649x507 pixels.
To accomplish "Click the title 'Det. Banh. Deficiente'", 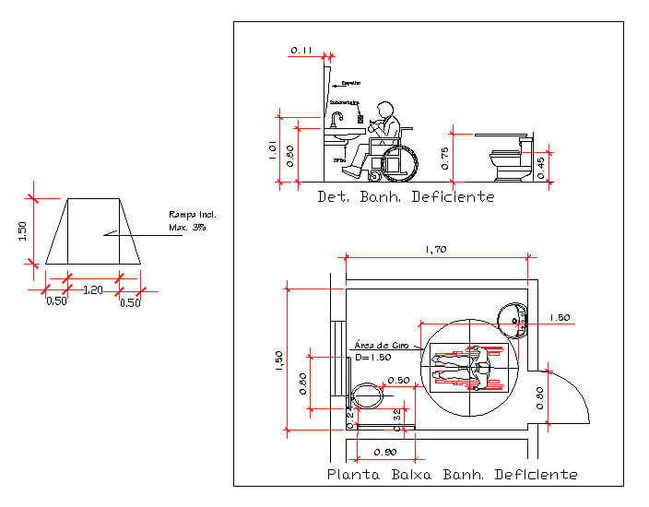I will pos(406,196).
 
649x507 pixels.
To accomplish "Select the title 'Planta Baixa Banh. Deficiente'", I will pos(453,474).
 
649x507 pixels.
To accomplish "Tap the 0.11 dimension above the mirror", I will pos(301,49).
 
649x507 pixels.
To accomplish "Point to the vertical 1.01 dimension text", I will pos(272,149).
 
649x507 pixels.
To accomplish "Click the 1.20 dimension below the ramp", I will pos(93,289).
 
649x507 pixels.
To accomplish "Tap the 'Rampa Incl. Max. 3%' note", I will pos(191,221).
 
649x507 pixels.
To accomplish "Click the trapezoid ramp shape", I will pos(93,231).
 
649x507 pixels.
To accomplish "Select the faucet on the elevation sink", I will pos(338,117).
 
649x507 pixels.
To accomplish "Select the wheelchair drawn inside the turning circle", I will pos(469,367).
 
